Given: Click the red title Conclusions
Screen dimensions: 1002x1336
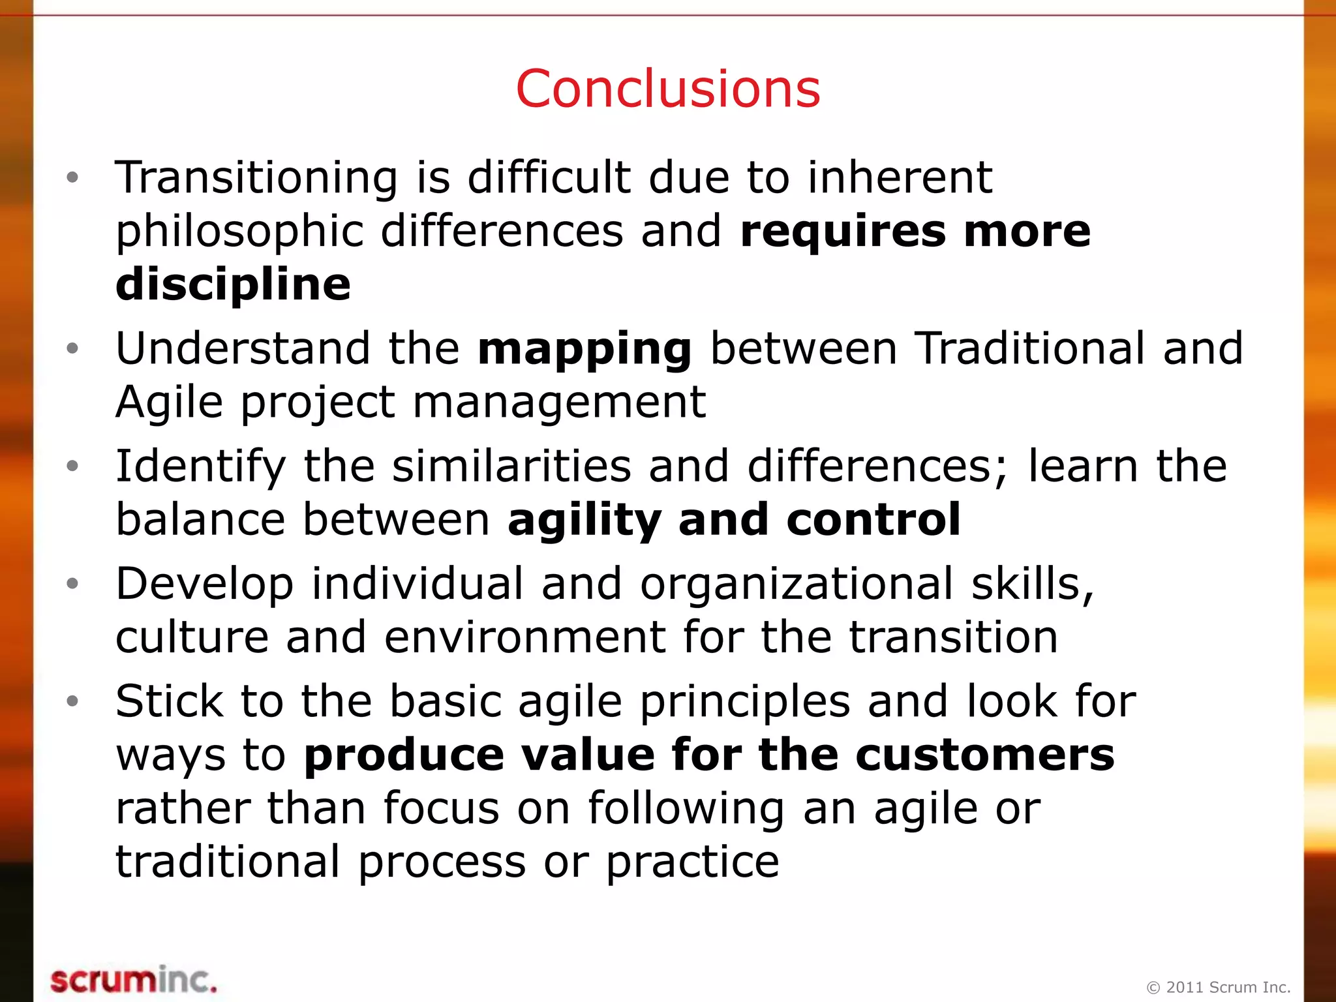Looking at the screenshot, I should (667, 89).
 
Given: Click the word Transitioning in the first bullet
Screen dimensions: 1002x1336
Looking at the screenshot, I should (256, 177).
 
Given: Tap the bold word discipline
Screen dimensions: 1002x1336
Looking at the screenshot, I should (233, 284).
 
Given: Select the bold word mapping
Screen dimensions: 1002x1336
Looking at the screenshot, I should (584, 349).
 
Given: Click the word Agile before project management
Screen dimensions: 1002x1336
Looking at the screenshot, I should (170, 402).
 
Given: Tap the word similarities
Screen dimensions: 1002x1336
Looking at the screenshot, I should (511, 466).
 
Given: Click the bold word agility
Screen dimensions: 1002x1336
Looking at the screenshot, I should (584, 521).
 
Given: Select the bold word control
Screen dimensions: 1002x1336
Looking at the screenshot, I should (873, 519).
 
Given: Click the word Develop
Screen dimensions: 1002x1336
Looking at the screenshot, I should (205, 584).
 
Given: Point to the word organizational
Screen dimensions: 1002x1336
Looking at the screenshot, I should (797, 584).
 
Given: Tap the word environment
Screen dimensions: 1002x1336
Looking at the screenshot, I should (525, 637).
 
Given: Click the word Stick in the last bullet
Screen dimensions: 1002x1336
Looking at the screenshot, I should (170, 701).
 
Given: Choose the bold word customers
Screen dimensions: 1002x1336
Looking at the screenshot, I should (985, 755).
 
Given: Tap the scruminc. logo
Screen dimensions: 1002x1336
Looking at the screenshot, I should (134, 980).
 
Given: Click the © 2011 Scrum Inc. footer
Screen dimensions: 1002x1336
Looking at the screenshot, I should (1219, 987).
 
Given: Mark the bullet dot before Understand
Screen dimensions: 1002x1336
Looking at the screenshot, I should (72, 349).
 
